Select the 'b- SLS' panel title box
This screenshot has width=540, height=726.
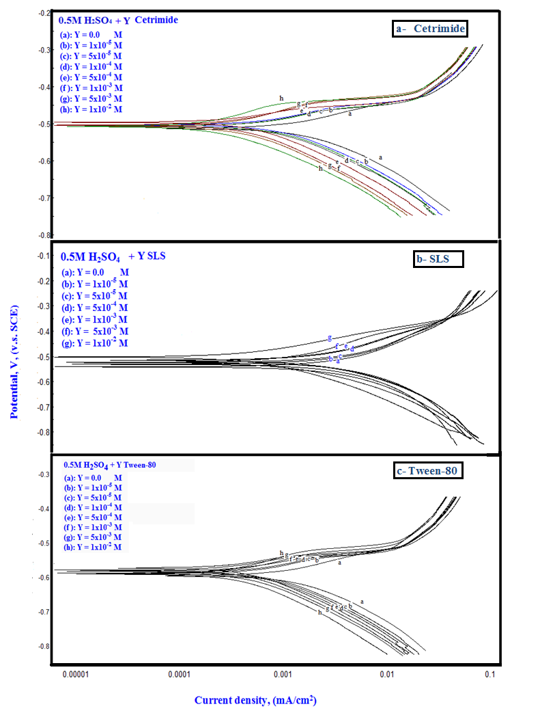click(x=431, y=259)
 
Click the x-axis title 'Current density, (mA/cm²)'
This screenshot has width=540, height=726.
click(x=255, y=700)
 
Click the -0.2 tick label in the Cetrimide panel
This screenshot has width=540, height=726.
click(x=42, y=13)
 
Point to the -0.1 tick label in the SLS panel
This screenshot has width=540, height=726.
click(x=42, y=256)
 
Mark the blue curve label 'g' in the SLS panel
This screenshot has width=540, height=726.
click(x=330, y=338)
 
